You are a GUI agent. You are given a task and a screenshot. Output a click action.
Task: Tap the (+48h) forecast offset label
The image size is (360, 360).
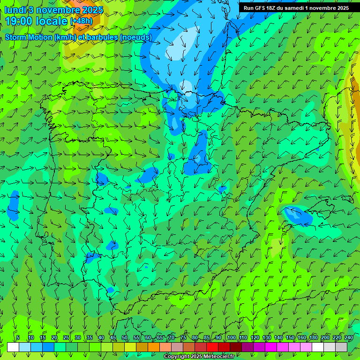click(81, 21)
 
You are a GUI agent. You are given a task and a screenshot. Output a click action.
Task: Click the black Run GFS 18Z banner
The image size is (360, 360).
click(296, 8)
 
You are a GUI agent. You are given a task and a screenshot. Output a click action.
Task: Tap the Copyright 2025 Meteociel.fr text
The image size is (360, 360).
click(199, 357)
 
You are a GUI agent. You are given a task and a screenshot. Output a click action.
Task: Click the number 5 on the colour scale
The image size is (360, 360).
click(18, 338)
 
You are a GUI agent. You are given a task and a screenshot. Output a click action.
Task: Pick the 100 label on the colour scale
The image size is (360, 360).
click(231, 338)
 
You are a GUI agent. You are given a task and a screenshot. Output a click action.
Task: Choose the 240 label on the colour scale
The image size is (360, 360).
click(349, 338)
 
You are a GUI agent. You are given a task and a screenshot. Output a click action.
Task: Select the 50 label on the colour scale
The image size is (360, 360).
click(125, 338)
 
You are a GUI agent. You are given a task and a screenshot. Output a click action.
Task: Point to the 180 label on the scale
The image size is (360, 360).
click(313, 338)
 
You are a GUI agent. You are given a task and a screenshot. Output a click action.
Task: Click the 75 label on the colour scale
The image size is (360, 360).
click(183, 338)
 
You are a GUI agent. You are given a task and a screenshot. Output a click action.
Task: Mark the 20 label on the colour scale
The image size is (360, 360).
click(54, 338)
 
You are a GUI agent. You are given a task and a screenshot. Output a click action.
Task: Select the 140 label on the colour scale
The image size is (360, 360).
click(278, 338)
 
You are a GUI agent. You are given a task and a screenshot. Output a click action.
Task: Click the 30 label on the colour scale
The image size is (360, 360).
click(78, 338)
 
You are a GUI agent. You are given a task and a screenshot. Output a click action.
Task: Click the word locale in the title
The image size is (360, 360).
click(49, 21)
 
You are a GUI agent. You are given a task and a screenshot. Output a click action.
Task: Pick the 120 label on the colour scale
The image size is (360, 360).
click(255, 338)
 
